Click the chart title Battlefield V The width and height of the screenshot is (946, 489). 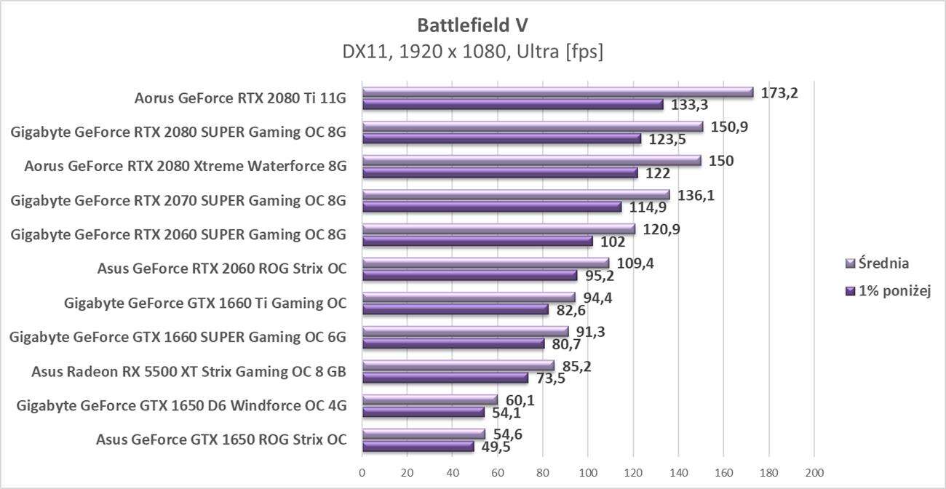pyautogui.click(x=472, y=25)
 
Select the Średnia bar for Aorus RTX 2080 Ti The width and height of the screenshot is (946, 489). pyautogui.click(x=557, y=92)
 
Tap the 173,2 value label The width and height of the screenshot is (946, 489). pyautogui.click(x=779, y=92)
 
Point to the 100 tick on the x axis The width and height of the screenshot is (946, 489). pyautogui.click(x=588, y=472)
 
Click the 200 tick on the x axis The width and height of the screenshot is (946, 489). pyautogui.click(x=814, y=472)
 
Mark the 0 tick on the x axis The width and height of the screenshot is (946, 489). pyautogui.click(x=362, y=472)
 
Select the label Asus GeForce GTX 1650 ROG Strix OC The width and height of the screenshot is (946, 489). pyautogui.click(x=220, y=440)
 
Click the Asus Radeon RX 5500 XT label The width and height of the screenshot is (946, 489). pyautogui.click(x=188, y=372)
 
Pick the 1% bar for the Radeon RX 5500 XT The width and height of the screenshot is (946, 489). pyautogui.click(x=445, y=378)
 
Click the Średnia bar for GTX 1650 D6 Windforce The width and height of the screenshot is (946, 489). pyautogui.click(x=430, y=399)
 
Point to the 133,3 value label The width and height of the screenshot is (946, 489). pyautogui.click(x=688, y=105)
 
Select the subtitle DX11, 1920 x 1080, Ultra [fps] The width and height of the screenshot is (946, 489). pyautogui.click(x=472, y=52)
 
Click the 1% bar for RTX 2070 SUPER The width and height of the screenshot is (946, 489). pyautogui.click(x=492, y=207)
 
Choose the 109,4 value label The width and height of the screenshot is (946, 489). pyautogui.click(x=634, y=263)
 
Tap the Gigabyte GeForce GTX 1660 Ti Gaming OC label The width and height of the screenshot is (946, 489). pyautogui.click(x=204, y=303)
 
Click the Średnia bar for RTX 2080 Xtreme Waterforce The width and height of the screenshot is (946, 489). pyautogui.click(x=531, y=161)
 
